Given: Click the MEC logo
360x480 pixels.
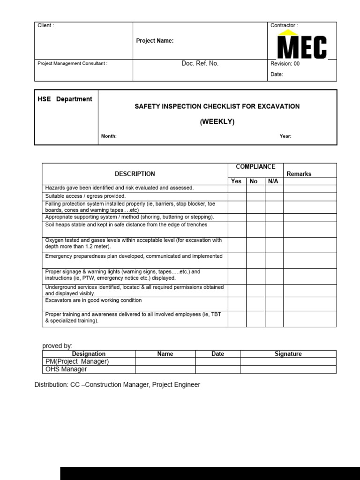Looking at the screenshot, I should click(x=302, y=45).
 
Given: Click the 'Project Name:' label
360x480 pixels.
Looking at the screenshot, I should click(x=155, y=41).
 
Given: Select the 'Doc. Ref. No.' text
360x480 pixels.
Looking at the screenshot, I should click(x=200, y=64).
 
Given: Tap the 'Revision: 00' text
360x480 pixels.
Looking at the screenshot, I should click(x=285, y=64).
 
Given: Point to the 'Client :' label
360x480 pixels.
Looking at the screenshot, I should click(x=46, y=25).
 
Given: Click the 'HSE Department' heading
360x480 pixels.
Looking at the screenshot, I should click(x=65, y=99).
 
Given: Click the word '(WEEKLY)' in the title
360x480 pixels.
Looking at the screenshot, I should click(x=217, y=122).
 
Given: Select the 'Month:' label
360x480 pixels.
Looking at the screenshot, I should click(x=109, y=136).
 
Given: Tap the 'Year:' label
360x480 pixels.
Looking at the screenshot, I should click(x=285, y=136).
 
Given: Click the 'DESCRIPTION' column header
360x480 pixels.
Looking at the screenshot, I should click(x=135, y=174).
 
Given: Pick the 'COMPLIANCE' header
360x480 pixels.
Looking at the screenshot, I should click(x=255, y=167).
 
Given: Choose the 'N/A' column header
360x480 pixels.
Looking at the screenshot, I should click(x=273, y=181).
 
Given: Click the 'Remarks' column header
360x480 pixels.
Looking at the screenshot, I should click(x=299, y=174).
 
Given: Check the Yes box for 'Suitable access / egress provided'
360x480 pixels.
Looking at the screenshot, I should click(x=237, y=196).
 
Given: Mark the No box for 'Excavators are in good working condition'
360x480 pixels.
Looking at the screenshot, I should click(x=255, y=304).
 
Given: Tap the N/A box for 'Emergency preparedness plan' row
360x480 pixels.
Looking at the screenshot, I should click(x=274, y=261).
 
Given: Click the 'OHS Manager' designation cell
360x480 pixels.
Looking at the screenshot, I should click(x=66, y=369).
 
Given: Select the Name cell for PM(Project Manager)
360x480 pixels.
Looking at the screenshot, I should click(x=165, y=361).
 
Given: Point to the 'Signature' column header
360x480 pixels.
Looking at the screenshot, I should click(x=288, y=354).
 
